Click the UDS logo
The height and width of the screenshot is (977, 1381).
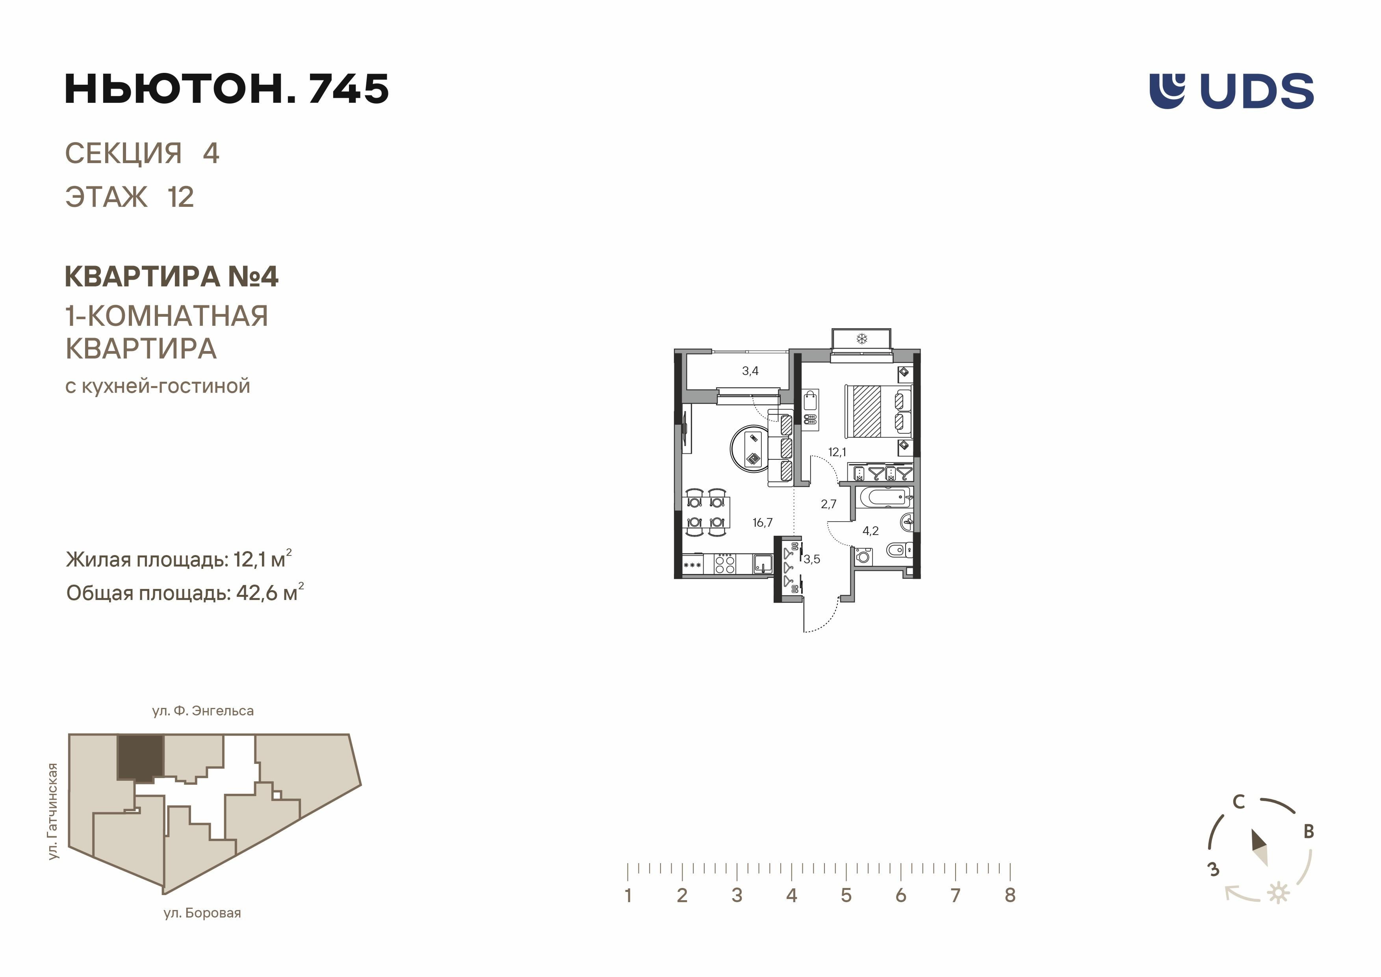(1231, 91)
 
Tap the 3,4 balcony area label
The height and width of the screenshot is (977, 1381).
(750, 371)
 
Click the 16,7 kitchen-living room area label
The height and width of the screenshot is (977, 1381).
(762, 523)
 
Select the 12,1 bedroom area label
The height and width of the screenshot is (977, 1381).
(837, 452)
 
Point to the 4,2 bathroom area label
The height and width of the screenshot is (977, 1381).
(871, 531)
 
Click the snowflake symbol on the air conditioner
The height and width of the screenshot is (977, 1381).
(861, 339)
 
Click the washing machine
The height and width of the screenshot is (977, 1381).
(863, 556)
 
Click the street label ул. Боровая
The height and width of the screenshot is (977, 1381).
(202, 913)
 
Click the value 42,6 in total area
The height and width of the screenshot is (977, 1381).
(257, 593)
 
